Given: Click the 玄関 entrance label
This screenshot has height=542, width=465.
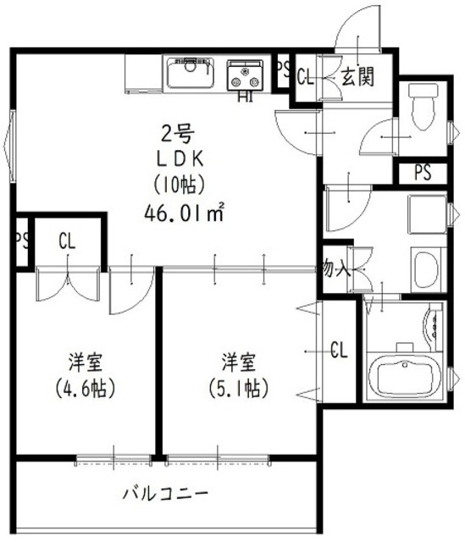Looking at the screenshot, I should pyautogui.click(x=358, y=79).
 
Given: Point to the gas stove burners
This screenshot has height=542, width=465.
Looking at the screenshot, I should pyautogui.click(x=246, y=75).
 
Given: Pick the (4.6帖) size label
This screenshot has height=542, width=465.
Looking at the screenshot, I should pyautogui.click(x=86, y=390).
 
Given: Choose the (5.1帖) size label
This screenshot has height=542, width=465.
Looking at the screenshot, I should pyautogui.click(x=239, y=390).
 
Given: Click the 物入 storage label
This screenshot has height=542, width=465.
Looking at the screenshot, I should pyautogui.click(x=335, y=270).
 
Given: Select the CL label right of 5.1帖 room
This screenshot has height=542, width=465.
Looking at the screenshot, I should pyautogui.click(x=339, y=349).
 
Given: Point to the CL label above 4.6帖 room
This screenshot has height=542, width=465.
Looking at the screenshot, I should pyautogui.click(x=66, y=241).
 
